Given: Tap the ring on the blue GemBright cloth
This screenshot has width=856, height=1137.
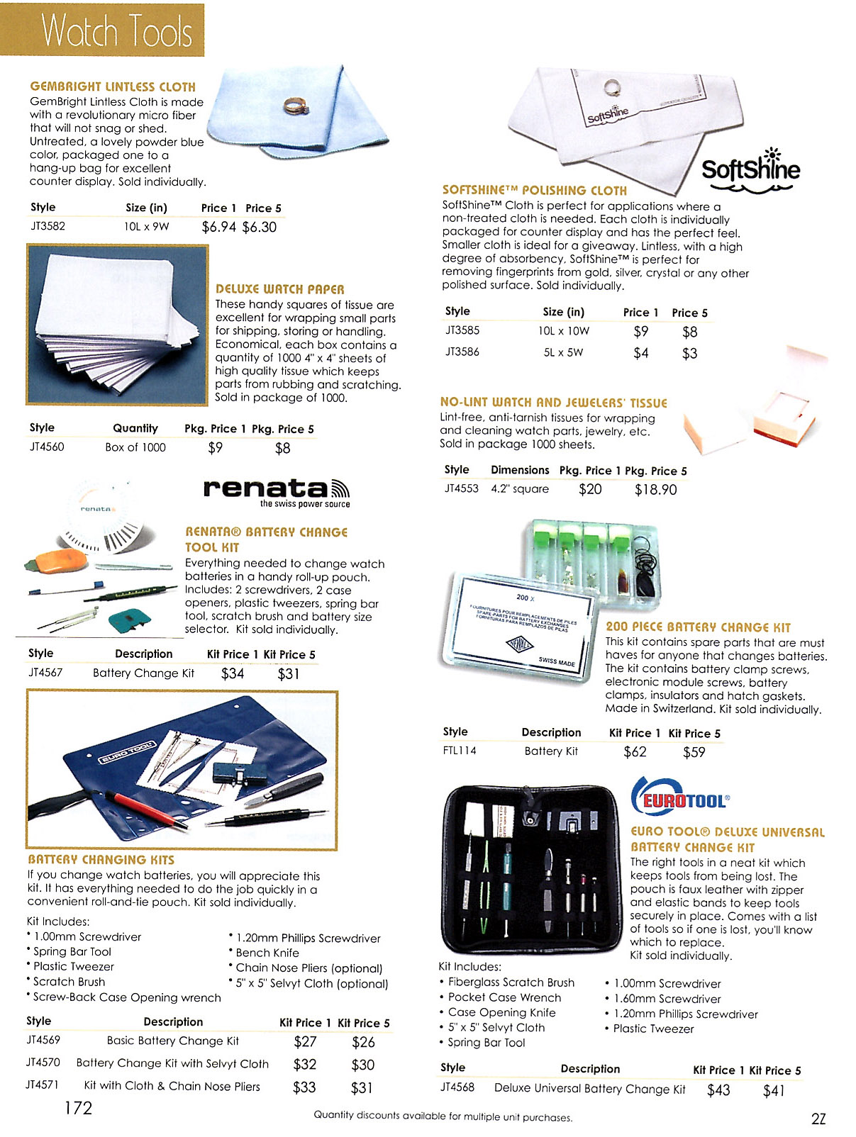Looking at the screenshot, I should (x=294, y=106).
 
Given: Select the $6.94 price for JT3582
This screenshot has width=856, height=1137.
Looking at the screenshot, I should (x=218, y=227).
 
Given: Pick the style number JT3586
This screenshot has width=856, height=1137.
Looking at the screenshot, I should (x=462, y=352).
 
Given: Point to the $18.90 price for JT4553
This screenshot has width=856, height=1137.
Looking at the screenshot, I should (x=655, y=489).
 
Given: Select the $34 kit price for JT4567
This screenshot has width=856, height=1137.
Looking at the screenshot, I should (x=233, y=673).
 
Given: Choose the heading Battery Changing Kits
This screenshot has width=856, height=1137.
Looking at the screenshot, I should (x=101, y=860).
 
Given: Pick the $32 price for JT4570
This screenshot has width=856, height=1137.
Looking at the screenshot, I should (x=305, y=1065).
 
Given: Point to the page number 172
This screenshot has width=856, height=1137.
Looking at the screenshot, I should (x=78, y=1108).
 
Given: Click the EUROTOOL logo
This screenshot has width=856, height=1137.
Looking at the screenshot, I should (x=681, y=800).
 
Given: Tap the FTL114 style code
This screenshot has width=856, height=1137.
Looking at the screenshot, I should (x=460, y=751).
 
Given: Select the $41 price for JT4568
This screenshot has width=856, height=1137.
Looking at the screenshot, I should (x=774, y=1090).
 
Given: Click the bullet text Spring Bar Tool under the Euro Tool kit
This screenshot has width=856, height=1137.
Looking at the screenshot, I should (x=487, y=1043).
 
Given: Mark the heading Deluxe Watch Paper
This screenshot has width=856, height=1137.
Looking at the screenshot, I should (x=280, y=289).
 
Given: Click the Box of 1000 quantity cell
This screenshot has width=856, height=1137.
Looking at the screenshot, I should (x=135, y=447).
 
